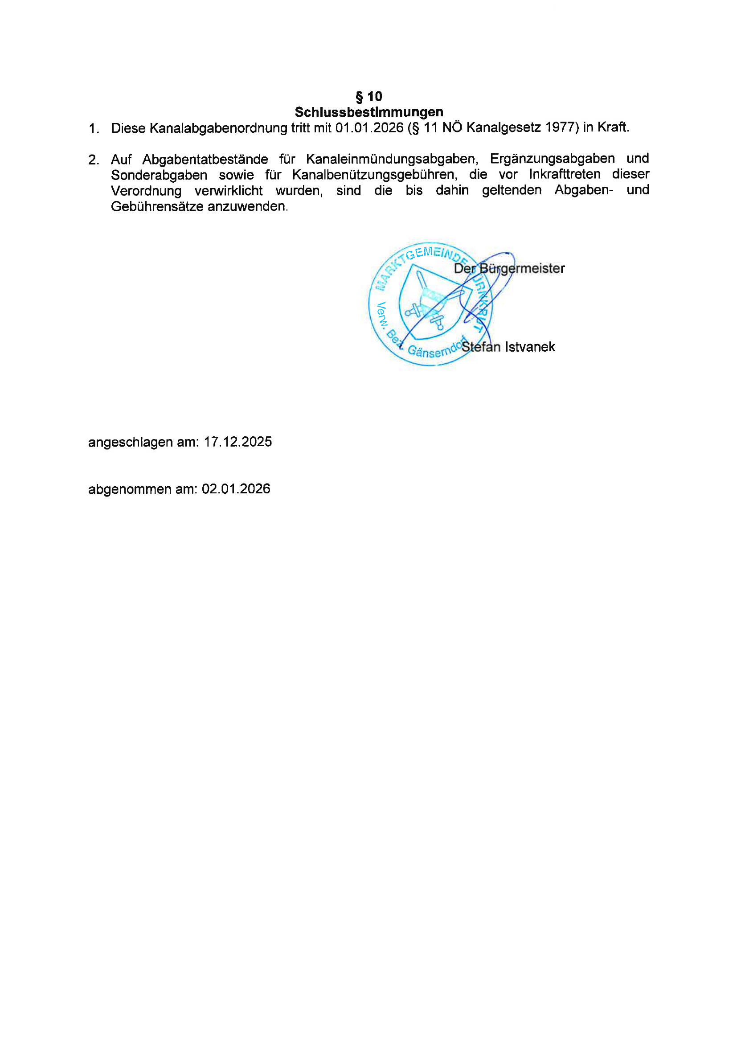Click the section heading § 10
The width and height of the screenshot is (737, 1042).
368,96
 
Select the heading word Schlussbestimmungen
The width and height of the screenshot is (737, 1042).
368,112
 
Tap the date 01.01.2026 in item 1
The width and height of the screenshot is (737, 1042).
369,128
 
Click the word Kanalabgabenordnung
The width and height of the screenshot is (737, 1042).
218,128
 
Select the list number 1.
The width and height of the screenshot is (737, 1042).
94,129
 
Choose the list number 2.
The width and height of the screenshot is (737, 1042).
94,160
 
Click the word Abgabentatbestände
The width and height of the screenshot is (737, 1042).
205,160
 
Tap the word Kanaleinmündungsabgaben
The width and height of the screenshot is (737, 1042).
392,159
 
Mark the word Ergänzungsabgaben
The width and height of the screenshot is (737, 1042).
552,159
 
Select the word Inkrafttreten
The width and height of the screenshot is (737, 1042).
565,174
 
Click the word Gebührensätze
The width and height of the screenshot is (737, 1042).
157,207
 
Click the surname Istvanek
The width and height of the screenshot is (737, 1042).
530,347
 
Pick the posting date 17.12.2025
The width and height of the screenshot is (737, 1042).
238,442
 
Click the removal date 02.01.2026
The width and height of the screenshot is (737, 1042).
236,489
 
